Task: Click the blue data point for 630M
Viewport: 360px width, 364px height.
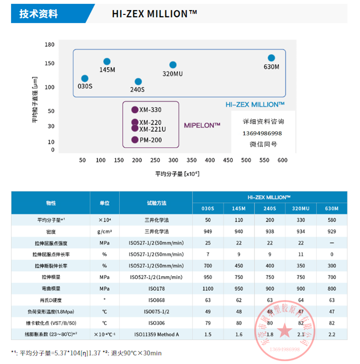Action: click(x=271, y=58)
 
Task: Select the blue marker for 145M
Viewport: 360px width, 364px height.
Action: click(x=107, y=61)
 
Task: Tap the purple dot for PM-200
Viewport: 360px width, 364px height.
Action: click(x=135, y=140)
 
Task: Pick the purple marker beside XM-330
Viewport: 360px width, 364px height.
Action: click(x=135, y=109)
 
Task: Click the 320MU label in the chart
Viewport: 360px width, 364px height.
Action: click(x=173, y=74)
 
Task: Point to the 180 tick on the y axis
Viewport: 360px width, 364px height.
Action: click(x=49, y=45)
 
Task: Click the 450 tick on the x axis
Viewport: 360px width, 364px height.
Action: click(x=228, y=160)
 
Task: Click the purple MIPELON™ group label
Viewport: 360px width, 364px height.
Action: click(x=202, y=125)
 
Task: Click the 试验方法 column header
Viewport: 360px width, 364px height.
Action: click(x=156, y=203)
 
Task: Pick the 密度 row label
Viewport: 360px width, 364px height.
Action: click(x=51, y=231)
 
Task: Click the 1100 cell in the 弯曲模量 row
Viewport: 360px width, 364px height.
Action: click(x=207, y=289)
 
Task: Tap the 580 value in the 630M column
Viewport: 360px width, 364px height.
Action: click(x=331, y=220)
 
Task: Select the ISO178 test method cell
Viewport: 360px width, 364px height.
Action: click(x=156, y=289)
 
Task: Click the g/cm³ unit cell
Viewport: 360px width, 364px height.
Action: click(x=104, y=231)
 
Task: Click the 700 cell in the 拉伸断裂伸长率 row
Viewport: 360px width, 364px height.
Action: click(x=207, y=266)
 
